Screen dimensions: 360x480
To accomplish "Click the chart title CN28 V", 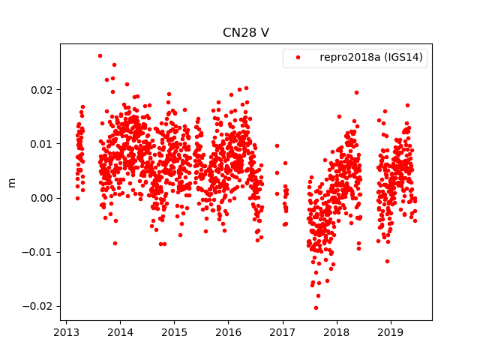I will tap(245, 33).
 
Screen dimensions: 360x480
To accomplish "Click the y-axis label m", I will tap(11, 182).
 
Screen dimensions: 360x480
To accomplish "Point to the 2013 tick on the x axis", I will tap(66, 332).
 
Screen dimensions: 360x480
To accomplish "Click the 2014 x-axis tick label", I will tap(120, 332).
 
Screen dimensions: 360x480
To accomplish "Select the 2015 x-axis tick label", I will tap(174, 332).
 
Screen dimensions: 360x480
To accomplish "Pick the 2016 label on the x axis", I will tap(228, 332).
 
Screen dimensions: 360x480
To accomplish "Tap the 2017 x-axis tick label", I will tap(283, 332).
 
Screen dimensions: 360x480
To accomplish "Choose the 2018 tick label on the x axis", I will tap(337, 332).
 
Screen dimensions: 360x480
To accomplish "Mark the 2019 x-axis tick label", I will tap(391, 332).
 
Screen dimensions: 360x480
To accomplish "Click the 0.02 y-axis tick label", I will tap(43, 90).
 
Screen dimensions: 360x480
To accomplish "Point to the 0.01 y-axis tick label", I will tap(43, 144).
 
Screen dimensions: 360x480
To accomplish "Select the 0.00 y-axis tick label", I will tap(43, 198).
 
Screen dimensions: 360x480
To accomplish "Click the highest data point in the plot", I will tap(100, 55).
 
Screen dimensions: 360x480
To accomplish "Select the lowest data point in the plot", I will tap(316, 307).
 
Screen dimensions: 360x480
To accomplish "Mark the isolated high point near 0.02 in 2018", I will tap(356, 92).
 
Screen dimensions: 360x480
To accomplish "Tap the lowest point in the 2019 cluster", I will tap(387, 261).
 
